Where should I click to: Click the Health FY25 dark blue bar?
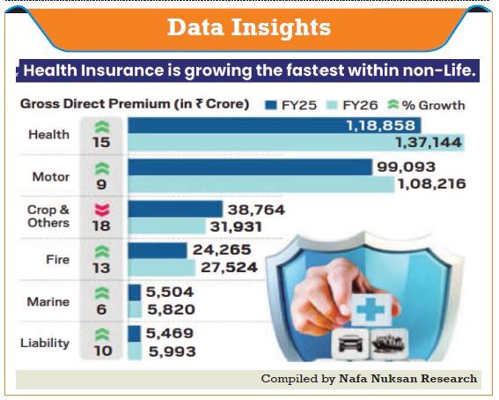275,125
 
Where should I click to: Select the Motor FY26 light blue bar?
261,184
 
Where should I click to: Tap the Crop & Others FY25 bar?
175,209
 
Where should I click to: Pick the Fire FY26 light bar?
162,268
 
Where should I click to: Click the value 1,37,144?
429,143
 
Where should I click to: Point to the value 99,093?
406,167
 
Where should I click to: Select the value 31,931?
236,226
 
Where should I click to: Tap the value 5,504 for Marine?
170,292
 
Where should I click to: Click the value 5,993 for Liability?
172,352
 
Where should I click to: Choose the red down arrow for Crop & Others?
102,211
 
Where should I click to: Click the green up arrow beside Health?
102,127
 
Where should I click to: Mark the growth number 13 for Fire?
101,268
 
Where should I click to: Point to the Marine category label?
48,301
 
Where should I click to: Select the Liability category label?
45,343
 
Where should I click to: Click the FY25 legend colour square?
271,105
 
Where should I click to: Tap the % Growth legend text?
434,105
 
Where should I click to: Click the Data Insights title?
249,27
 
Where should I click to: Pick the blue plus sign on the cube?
371,309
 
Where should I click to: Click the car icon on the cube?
350,344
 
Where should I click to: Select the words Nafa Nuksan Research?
408,378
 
